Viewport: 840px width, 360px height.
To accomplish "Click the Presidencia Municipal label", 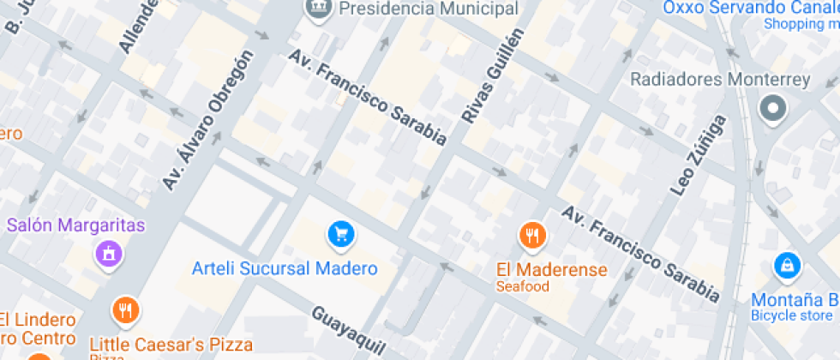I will (x=429, y=9).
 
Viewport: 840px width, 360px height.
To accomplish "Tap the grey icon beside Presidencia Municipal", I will (x=319, y=8).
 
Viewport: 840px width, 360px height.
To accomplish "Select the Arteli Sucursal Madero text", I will (x=285, y=268).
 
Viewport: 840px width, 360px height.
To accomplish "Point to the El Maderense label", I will (x=552, y=269).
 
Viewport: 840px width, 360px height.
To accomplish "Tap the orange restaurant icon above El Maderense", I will (x=532, y=234).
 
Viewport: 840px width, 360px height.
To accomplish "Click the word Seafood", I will (x=522, y=286).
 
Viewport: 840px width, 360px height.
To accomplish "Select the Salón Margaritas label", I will (x=76, y=226).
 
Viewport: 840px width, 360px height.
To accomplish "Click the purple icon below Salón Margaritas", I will (x=109, y=254).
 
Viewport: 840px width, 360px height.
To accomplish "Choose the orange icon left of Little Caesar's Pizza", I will (x=126, y=310).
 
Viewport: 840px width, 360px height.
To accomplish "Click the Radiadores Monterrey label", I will (x=720, y=80).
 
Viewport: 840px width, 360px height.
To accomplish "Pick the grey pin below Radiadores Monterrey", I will (x=773, y=109).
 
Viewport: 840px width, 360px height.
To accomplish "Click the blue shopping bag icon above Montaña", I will (x=786, y=267).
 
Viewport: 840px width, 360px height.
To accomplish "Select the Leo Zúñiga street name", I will (x=698, y=155).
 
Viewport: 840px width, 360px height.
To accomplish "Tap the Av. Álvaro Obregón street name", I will (x=208, y=121).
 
